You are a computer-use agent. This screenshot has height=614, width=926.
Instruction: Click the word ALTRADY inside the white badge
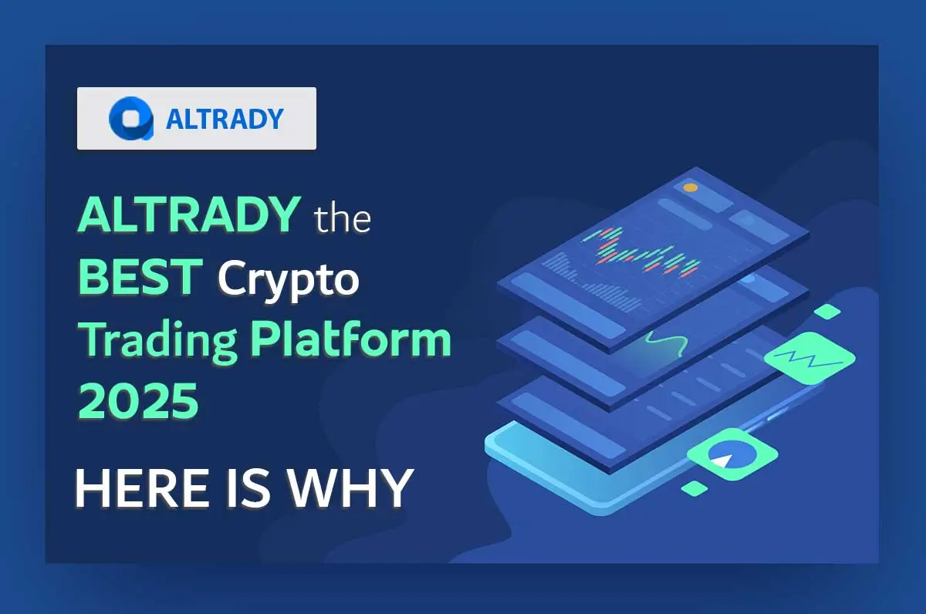click(225, 119)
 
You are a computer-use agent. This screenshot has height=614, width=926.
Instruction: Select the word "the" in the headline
click(343, 219)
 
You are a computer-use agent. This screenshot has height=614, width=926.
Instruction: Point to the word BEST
click(140, 278)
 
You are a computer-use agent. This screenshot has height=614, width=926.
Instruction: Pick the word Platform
click(350, 340)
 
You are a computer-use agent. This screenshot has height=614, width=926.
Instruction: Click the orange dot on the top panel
click(690, 187)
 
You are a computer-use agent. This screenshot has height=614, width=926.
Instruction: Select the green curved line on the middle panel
click(665, 342)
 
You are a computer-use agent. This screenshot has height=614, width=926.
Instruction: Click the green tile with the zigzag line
click(809, 358)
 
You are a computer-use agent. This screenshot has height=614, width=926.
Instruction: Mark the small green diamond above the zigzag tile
click(827, 312)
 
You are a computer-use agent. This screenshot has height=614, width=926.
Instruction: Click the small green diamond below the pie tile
click(694, 487)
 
